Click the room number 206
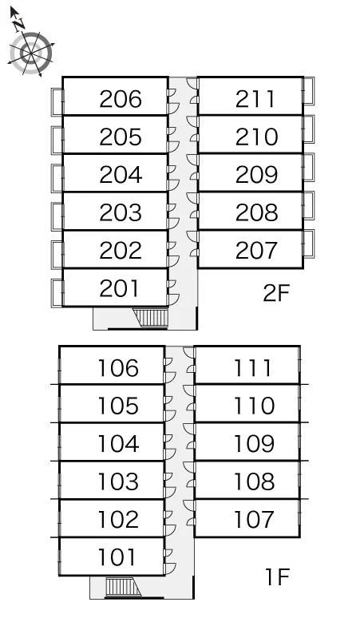120,99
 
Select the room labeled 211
255,99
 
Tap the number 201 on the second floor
119,288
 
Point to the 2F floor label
276,293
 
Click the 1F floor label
277,577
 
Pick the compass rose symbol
30,53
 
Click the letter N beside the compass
18,25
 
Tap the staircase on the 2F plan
151,317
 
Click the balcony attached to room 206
57,102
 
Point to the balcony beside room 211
308,91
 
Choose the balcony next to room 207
308,244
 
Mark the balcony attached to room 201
57,293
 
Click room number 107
254,519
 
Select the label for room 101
118,557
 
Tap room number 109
254,443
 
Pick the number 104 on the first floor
118,443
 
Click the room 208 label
256,212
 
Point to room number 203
120,212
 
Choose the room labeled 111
252,368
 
